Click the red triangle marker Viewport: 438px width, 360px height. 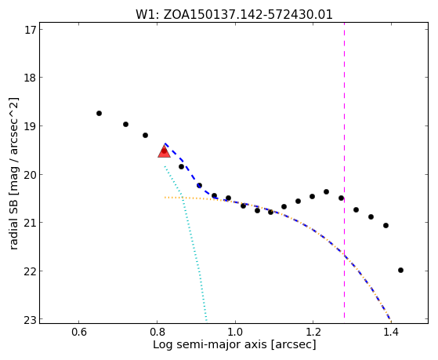[164, 151]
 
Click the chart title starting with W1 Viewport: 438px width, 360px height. [234, 15]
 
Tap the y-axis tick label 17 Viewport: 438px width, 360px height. [31, 30]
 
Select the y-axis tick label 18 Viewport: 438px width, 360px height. [31, 78]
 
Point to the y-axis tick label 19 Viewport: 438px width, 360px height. [31, 125]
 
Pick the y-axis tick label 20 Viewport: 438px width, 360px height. [31, 175]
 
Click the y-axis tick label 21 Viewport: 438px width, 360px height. [31, 223]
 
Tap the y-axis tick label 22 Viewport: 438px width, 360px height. [31, 271]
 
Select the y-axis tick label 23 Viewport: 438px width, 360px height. [31, 319]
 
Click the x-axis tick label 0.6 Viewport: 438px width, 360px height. [79, 332]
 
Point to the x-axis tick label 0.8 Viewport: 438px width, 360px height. [157, 332]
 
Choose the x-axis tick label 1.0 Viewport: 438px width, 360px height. [235, 332]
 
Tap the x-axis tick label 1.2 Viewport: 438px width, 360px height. [313, 332]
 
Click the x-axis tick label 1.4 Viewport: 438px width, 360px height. [391, 332]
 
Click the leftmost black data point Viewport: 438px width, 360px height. [99, 113]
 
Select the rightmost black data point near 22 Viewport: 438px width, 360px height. [400, 271]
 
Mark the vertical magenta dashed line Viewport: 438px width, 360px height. [344, 170]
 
